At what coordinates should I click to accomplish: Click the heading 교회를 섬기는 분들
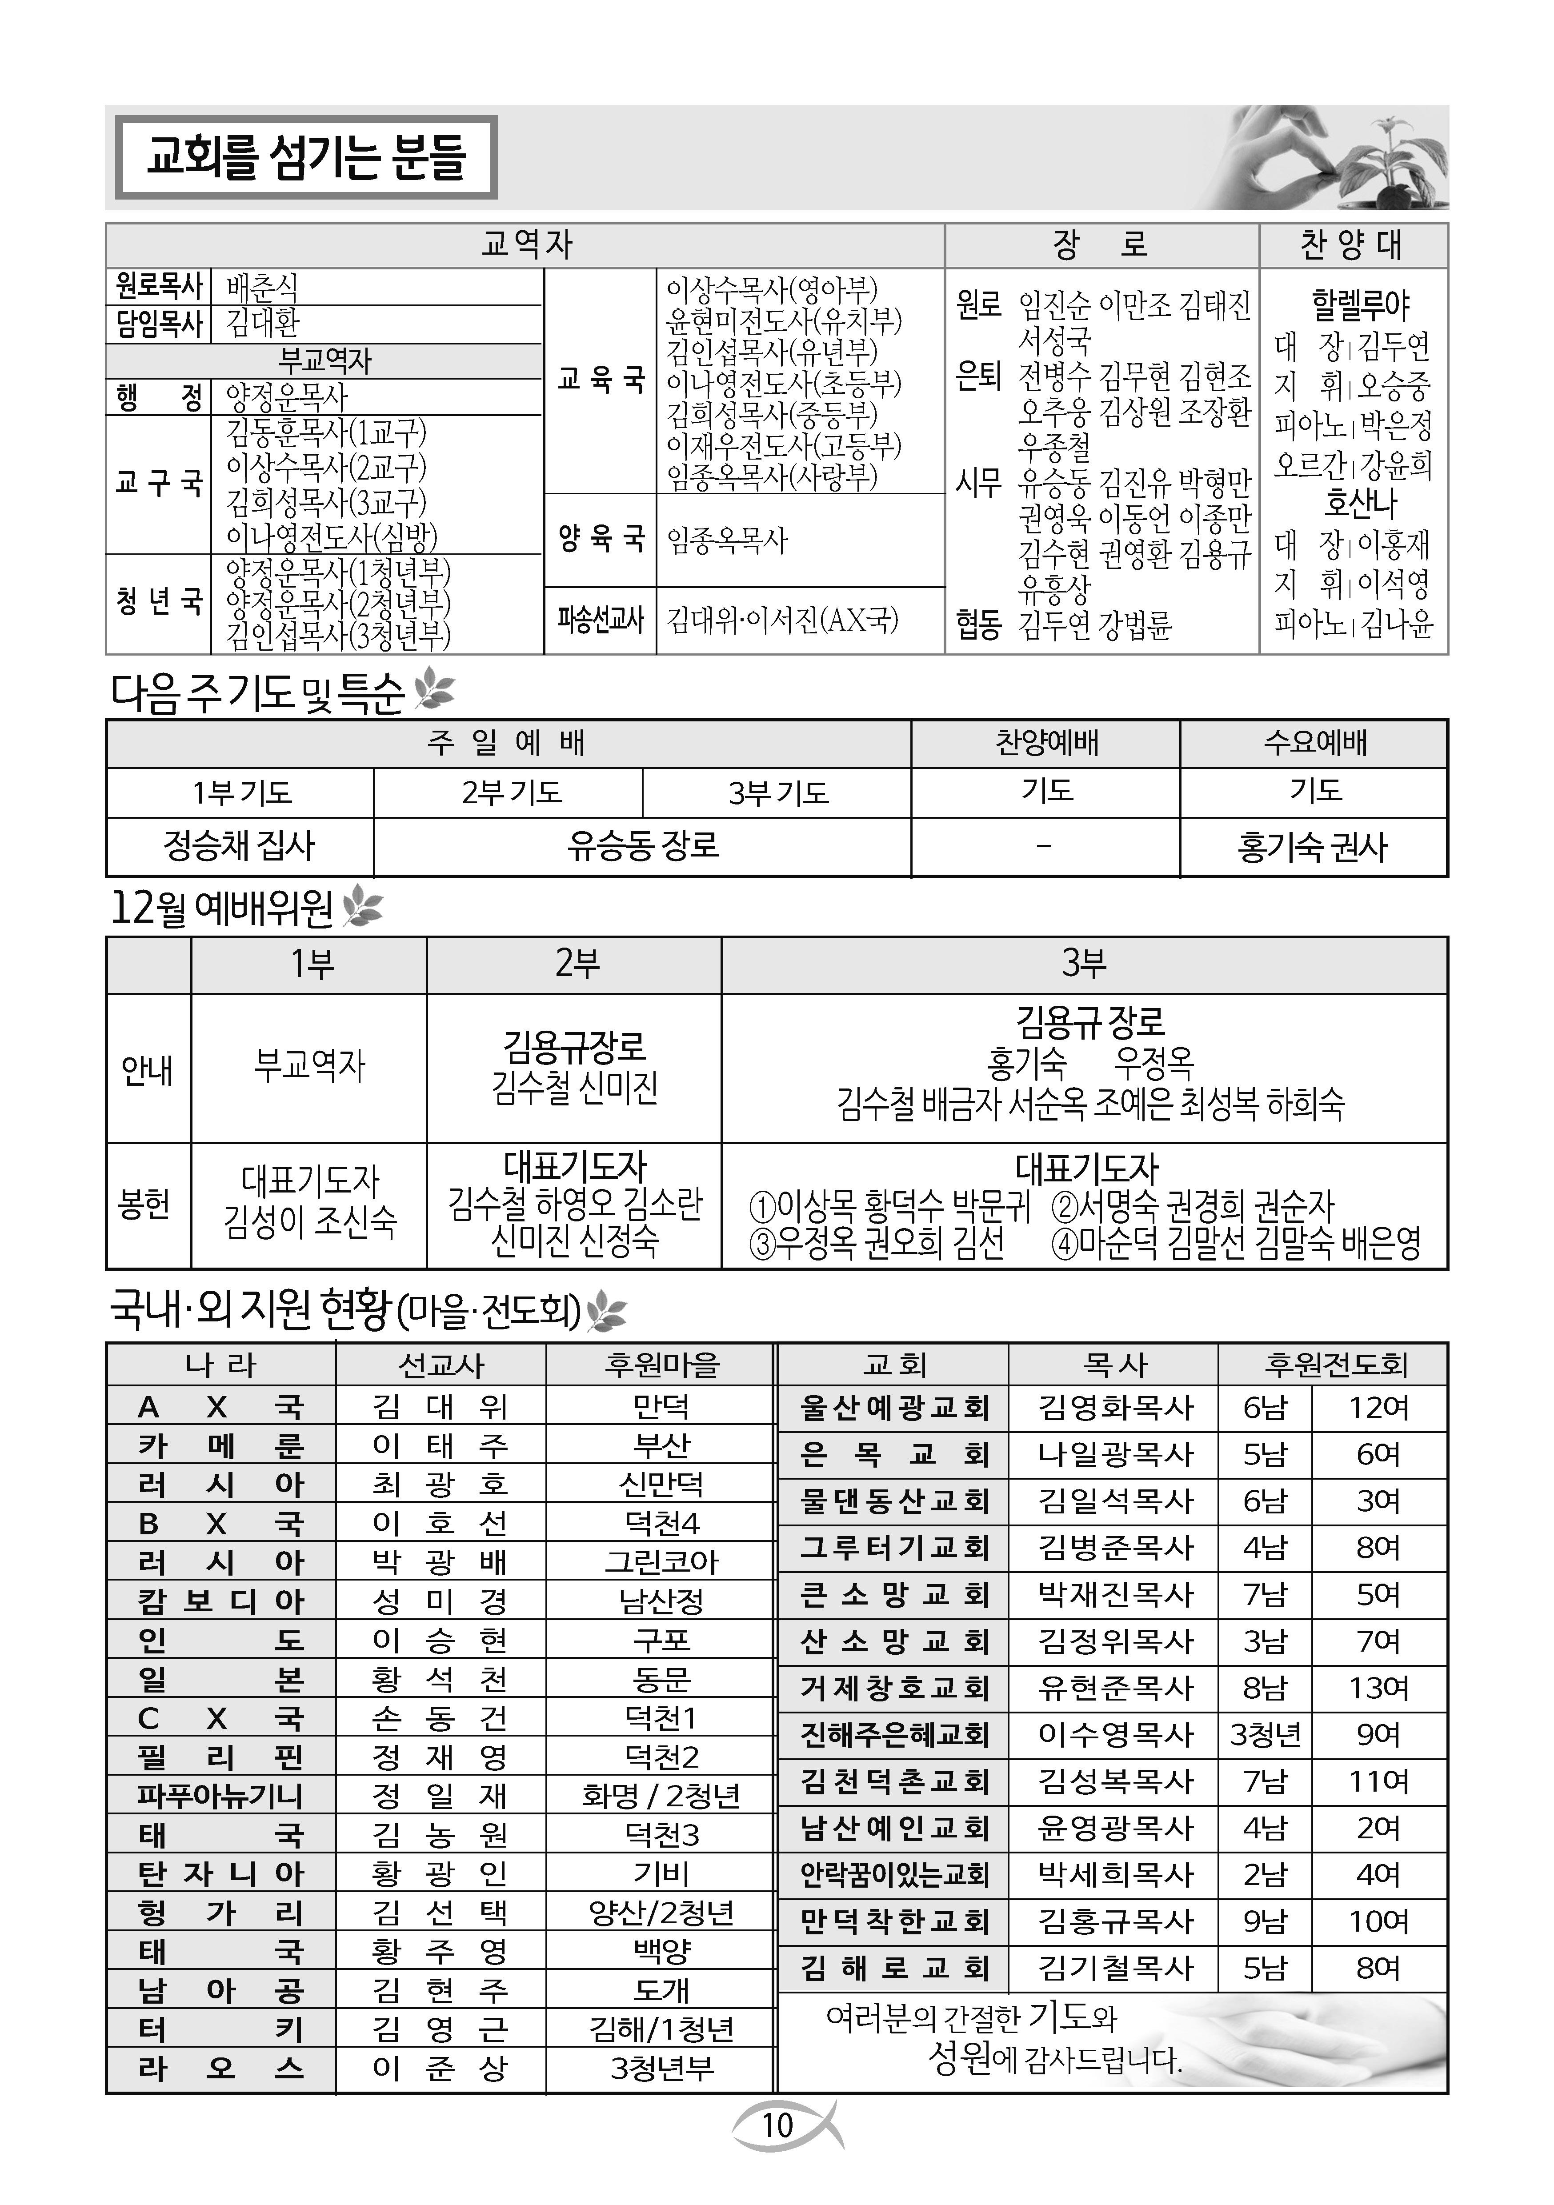tap(305, 157)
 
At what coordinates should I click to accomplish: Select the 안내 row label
tap(148, 1069)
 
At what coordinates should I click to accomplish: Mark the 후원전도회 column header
tap(1335, 1364)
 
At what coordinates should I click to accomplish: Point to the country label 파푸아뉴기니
tap(220, 1795)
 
